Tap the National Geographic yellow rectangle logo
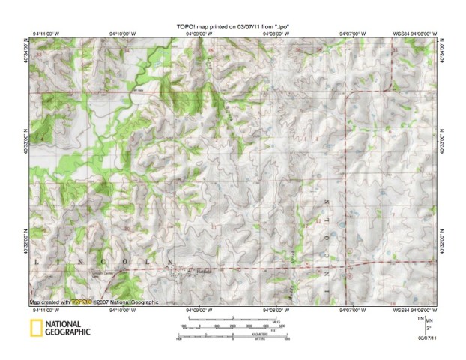point(35,327)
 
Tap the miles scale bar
point(232,323)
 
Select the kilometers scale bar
point(232,336)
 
